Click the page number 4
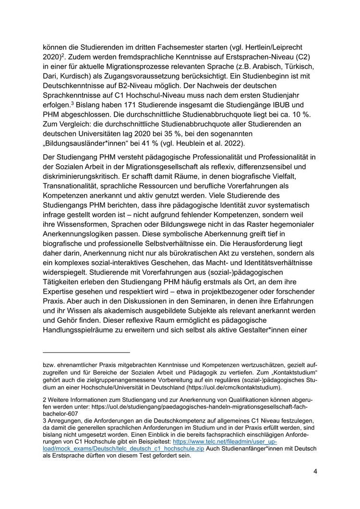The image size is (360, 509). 315,471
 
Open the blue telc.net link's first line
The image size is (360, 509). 225,441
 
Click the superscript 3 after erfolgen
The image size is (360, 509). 72,102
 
